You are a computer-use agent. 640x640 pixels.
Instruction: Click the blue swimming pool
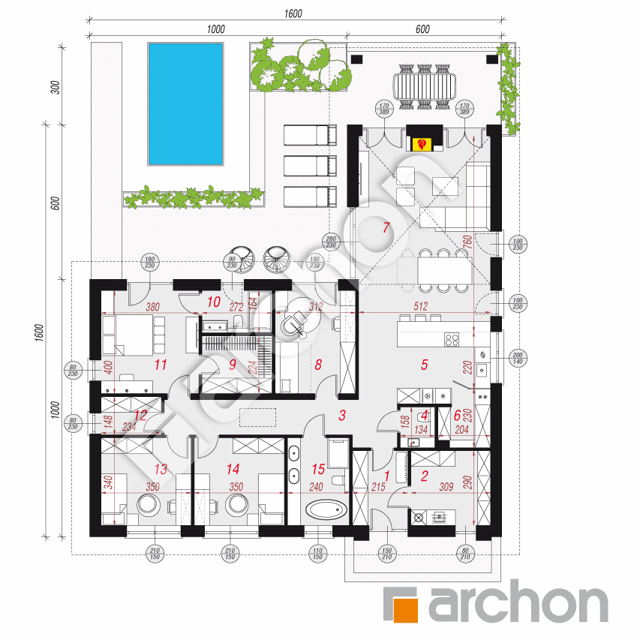[185, 104]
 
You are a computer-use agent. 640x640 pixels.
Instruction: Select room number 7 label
[386, 229]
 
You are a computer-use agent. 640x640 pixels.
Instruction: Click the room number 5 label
[424, 365]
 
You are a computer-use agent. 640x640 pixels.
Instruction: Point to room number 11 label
[158, 365]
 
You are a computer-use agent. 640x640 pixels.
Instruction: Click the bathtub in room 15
[325, 512]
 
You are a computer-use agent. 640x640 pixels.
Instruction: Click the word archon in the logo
[518, 604]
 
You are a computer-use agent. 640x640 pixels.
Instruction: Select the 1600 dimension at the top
[293, 13]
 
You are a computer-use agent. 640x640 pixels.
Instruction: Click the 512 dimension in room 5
[419, 306]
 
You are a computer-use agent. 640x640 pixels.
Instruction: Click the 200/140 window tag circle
[517, 357]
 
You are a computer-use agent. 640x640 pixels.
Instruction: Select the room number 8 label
[318, 365]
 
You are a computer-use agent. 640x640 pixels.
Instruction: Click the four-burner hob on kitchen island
[452, 340]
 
